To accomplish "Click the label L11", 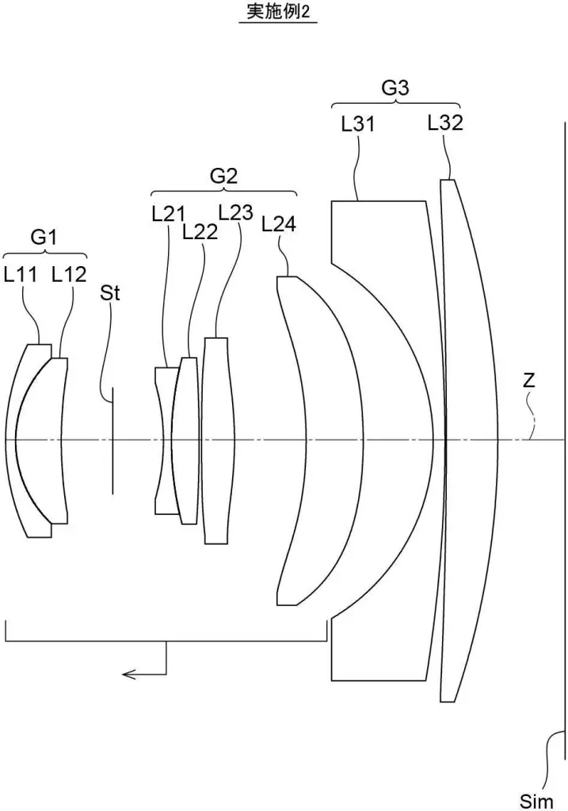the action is (x=20, y=274).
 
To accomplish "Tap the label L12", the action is (x=69, y=274).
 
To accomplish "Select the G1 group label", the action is (x=44, y=238).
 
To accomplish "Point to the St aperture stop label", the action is (x=109, y=293).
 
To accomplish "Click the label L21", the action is (x=169, y=214).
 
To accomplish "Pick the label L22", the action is (x=200, y=232).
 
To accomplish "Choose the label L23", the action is (x=236, y=212).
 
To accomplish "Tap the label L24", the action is (x=279, y=224).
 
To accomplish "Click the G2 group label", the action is (x=223, y=177).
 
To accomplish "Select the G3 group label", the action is (x=395, y=88).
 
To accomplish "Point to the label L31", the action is (x=358, y=124).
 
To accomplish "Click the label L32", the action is (x=445, y=123).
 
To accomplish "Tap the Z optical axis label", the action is (x=528, y=381).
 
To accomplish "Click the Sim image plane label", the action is (x=536, y=801).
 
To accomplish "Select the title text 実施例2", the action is (x=278, y=11).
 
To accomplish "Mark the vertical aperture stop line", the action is (x=112, y=440).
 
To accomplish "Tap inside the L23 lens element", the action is (x=217, y=440).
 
